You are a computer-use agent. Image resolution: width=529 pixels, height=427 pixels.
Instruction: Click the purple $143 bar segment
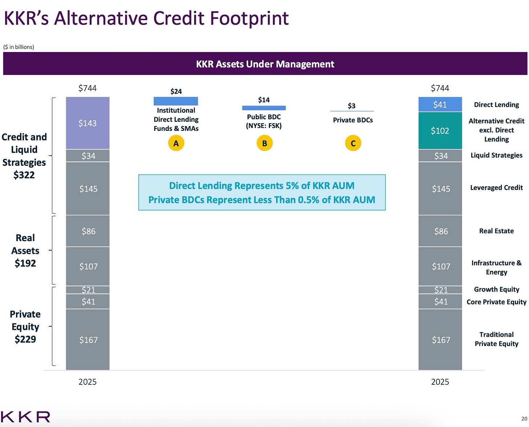88,123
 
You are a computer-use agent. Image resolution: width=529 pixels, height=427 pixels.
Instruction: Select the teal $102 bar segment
440,131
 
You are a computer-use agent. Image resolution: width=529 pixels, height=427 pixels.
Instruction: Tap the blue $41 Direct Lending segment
440,104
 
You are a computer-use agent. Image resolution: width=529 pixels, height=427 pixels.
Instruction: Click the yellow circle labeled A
176,143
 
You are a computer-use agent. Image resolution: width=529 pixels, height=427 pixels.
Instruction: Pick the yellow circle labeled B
264,143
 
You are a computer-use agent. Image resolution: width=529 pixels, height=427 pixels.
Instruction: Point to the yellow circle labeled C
353,143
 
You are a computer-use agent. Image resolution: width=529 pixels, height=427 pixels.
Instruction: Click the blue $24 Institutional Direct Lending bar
176,101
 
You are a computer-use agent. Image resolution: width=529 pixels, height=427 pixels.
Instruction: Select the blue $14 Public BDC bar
264,108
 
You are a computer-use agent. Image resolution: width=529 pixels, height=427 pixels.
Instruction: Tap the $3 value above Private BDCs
352,106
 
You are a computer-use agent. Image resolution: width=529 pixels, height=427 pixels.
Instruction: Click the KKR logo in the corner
25,417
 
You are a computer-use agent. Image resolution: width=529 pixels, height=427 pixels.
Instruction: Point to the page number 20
524,419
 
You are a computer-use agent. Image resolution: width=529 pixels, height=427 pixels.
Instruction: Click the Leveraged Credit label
496,188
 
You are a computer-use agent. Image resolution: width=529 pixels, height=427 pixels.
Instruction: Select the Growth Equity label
497,290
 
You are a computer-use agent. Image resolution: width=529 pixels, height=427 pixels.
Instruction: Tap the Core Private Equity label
497,302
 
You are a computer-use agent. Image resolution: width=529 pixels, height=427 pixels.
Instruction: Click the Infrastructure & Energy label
497,268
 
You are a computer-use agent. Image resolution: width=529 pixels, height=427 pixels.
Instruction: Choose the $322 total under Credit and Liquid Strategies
24,175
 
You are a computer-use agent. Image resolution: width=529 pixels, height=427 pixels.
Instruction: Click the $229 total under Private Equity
25,339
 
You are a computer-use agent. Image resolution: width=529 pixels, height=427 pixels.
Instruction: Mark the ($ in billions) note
19,47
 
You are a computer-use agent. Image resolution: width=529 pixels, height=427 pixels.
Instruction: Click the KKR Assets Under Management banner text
265,64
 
